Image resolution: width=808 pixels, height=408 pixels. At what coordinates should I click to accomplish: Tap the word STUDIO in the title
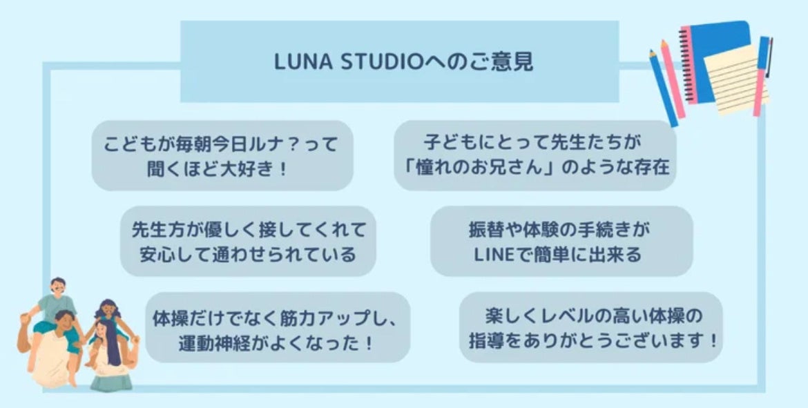(x=369, y=62)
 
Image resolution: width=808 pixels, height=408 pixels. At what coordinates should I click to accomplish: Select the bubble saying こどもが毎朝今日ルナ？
(x=222, y=156)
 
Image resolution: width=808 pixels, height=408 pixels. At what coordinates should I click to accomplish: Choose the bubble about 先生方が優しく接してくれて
(x=248, y=242)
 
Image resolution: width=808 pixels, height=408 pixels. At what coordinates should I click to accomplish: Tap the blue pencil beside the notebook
(x=663, y=86)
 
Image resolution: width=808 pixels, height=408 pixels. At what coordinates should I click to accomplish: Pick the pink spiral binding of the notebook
(x=687, y=66)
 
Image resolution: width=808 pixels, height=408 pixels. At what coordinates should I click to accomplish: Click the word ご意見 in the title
(x=514, y=62)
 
